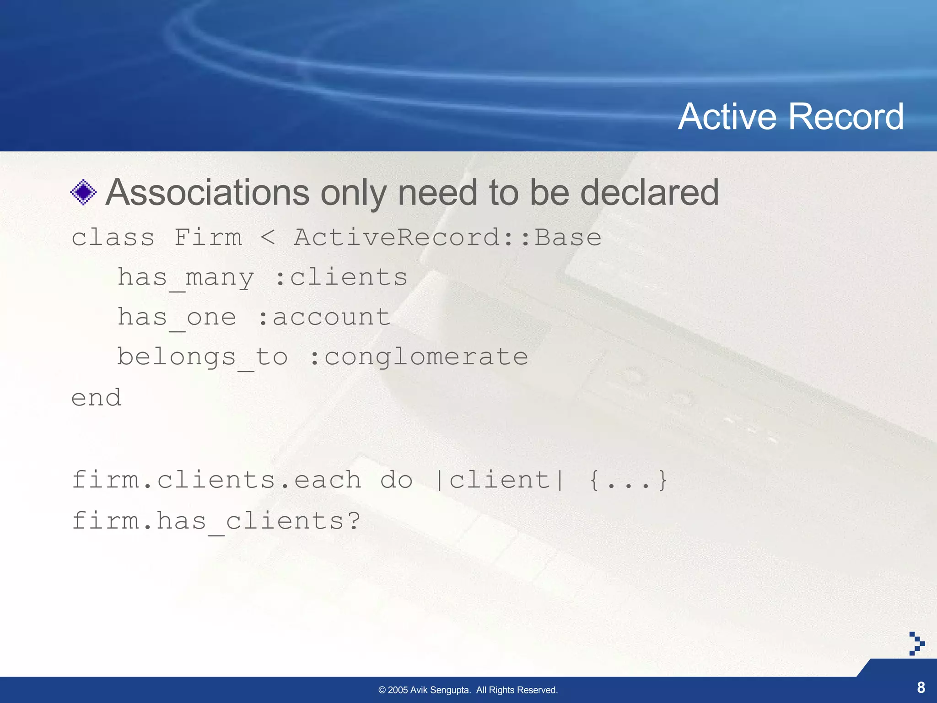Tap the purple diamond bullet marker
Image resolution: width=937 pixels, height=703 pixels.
pyautogui.click(x=83, y=192)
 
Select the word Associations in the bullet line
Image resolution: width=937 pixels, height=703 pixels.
pyautogui.click(x=207, y=192)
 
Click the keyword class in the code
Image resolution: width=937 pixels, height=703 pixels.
pyautogui.click(x=113, y=238)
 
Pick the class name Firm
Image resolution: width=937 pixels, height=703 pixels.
pyautogui.click(x=208, y=238)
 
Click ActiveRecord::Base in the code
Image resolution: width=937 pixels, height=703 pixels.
pyautogui.click(x=447, y=238)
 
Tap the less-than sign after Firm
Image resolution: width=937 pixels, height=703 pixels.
pyautogui.click(x=268, y=238)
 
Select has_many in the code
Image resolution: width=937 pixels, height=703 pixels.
pyautogui.click(x=185, y=278)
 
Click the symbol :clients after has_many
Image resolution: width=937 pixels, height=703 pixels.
pyautogui.click(x=341, y=278)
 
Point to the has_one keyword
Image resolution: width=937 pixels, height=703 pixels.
pyautogui.click(x=177, y=318)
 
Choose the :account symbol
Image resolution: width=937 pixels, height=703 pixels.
pyautogui.click(x=324, y=318)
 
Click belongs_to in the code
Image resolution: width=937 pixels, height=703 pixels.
pyautogui.click(x=202, y=357)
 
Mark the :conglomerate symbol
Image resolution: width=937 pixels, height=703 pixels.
pyautogui.click(x=419, y=357)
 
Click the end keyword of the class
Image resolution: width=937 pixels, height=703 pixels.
pyautogui.click(x=96, y=397)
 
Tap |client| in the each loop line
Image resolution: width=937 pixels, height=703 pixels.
pyautogui.click(x=500, y=481)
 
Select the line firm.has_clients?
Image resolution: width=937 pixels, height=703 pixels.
pyautogui.click(x=216, y=521)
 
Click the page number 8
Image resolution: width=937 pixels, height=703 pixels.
pyautogui.click(x=921, y=687)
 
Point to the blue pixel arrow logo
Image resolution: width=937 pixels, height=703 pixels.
pyautogui.click(x=916, y=644)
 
